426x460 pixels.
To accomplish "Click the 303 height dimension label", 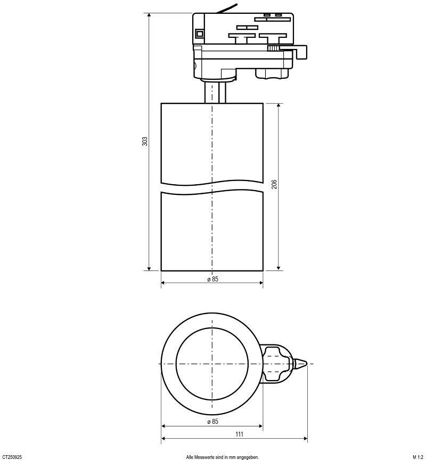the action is pyautogui.click(x=145, y=142).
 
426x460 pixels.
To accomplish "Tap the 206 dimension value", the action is pyautogui.click(x=274, y=184).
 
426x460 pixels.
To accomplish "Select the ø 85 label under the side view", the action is pyautogui.click(x=213, y=278).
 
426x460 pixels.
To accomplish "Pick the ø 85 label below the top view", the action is pyautogui.click(x=213, y=422).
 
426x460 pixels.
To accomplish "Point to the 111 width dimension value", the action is pyautogui.click(x=240, y=434).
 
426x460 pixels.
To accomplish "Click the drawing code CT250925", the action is pyautogui.click(x=12, y=457).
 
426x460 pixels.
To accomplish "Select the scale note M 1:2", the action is pyautogui.click(x=417, y=457).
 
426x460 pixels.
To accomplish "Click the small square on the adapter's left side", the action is pyautogui.click(x=200, y=34).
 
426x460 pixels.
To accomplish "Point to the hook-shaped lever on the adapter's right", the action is pyautogui.click(x=301, y=51).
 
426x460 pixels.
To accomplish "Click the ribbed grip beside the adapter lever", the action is pyautogui.click(x=273, y=48).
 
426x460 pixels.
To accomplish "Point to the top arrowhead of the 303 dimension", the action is pyautogui.click(x=149, y=15).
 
